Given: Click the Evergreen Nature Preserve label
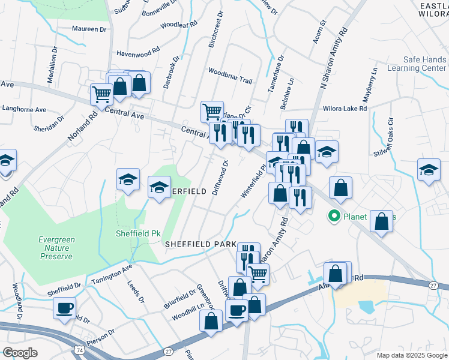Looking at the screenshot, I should click(x=56, y=248).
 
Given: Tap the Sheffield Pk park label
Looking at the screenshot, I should click(x=133, y=233).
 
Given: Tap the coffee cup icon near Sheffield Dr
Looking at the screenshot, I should click(x=64, y=308).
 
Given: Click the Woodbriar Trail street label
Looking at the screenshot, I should click(x=230, y=79).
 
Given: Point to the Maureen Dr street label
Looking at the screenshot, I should click(x=89, y=28).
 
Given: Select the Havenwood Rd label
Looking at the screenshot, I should click(x=138, y=53).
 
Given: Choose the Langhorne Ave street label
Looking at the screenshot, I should click(x=24, y=110).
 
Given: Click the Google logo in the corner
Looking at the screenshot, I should click(x=20, y=353).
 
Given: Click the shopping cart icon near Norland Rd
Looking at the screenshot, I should click(x=101, y=94).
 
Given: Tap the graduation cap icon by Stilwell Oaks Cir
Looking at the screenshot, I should click(x=429, y=169).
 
